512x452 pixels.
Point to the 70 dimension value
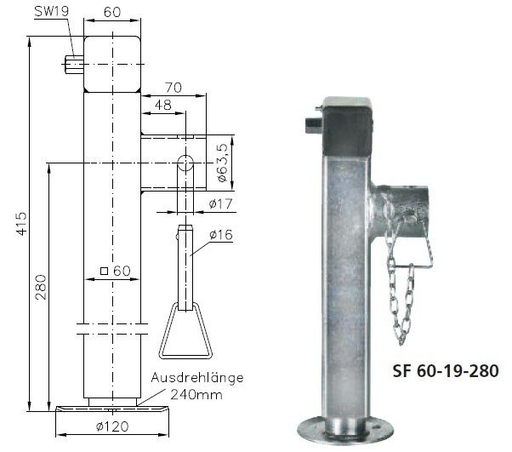click(x=174, y=87)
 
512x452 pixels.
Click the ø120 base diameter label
click(x=112, y=426)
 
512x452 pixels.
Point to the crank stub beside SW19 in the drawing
click(x=73, y=62)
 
